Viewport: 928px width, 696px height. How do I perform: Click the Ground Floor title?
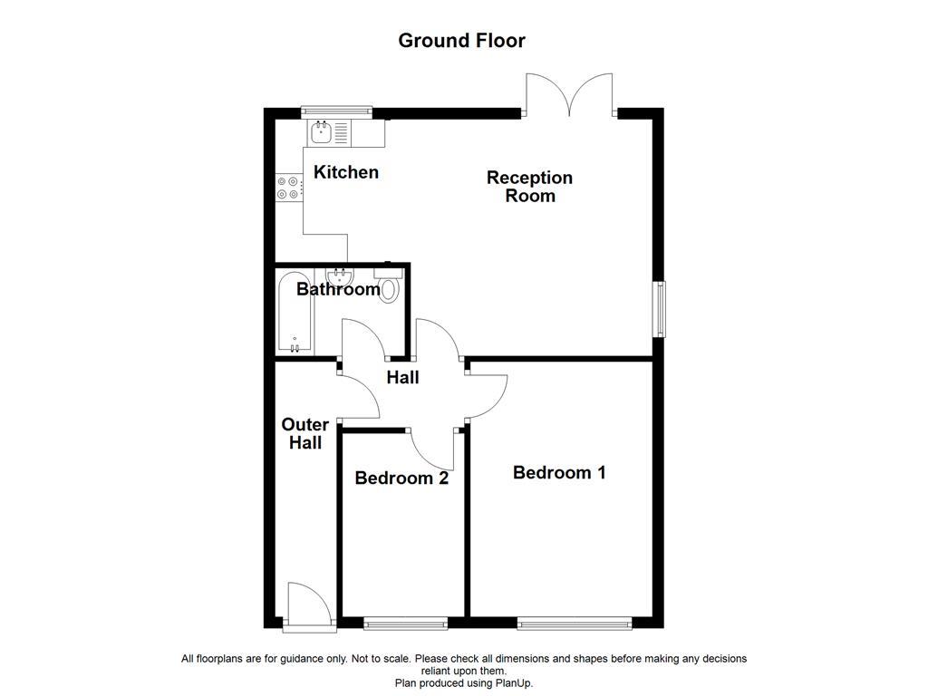[461, 41]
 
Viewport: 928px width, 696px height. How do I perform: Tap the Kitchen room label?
[346, 172]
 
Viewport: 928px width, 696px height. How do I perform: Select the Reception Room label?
[530, 187]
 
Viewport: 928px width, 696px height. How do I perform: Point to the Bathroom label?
[338, 290]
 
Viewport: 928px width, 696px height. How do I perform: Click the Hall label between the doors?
[402, 377]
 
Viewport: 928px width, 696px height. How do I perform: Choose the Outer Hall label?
[305, 433]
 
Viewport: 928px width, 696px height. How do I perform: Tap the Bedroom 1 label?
[559, 472]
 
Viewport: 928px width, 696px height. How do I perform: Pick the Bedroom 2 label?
[401, 478]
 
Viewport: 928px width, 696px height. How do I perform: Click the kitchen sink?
[322, 134]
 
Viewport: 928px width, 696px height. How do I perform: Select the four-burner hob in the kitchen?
[287, 188]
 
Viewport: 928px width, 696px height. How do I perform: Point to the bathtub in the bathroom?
[295, 313]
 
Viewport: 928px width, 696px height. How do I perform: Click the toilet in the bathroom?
[389, 285]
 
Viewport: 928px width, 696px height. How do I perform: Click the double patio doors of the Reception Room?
[569, 95]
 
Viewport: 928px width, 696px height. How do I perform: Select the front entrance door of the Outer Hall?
[302, 605]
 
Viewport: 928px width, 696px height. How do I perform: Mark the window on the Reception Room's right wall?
[661, 308]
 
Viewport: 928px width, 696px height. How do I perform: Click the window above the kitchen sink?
[337, 111]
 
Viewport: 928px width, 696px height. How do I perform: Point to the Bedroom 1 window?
[575, 623]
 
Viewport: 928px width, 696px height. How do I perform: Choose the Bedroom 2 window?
[405, 623]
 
